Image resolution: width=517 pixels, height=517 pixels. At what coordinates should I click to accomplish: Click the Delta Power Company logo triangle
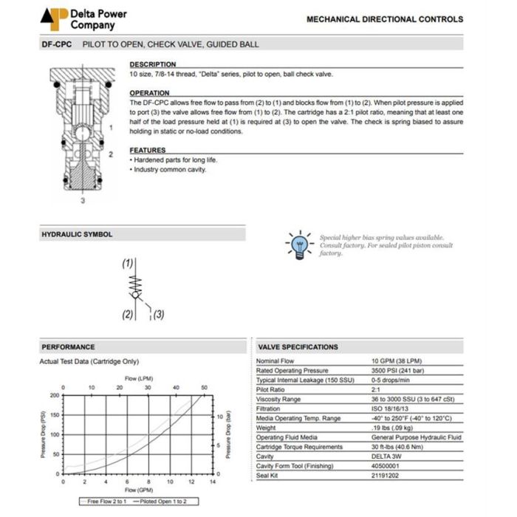click(x=53, y=18)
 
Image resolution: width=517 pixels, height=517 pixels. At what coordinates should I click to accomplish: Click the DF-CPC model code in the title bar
click(x=55, y=44)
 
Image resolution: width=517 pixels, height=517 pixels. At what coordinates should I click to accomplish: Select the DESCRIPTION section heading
click(x=153, y=64)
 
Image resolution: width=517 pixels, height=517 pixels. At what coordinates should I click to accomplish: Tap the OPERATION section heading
click(x=150, y=93)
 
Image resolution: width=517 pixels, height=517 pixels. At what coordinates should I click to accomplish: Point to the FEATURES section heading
click(x=148, y=150)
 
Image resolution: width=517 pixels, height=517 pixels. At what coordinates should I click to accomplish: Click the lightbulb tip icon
click(x=299, y=244)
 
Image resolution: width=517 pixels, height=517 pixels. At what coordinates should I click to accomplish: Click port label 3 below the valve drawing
click(x=82, y=199)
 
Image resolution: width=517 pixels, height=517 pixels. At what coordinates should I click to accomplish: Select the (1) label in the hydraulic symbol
click(x=128, y=264)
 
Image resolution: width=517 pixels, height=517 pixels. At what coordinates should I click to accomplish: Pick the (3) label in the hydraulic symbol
click(x=158, y=314)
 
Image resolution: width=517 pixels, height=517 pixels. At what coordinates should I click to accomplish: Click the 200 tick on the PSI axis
click(x=55, y=395)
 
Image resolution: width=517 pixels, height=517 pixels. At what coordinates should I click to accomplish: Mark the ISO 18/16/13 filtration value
click(x=390, y=408)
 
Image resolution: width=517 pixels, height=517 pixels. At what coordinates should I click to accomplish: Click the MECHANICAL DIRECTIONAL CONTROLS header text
click(x=385, y=20)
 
